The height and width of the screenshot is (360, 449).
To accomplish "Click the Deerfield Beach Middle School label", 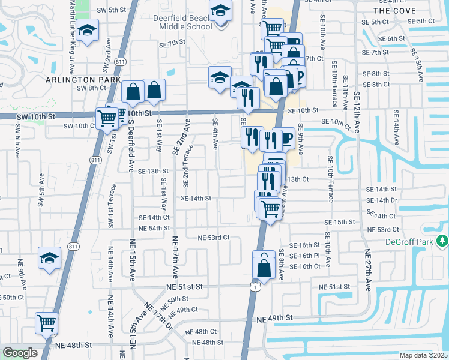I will pyautogui.click(x=184, y=22).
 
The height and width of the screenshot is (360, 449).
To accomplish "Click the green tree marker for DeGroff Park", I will pyautogui.click(x=442, y=241).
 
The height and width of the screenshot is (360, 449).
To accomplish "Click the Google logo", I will pyautogui.click(x=20, y=353).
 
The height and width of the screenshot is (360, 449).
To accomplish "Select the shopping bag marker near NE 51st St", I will pyautogui.click(x=264, y=266).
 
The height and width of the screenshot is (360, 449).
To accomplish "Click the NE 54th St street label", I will pyautogui.click(x=154, y=229).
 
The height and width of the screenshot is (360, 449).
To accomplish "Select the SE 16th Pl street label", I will pyautogui.click(x=305, y=256).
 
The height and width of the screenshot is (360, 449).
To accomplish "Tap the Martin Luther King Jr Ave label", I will pyautogui.click(x=73, y=18).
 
